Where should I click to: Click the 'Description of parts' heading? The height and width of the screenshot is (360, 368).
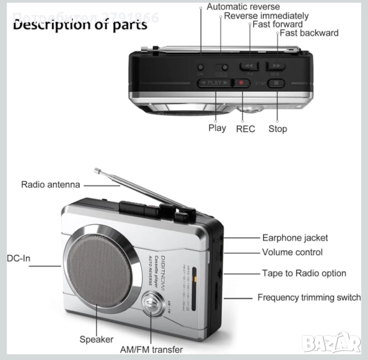click(x=80, y=25)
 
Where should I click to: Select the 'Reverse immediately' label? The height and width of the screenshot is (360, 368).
click(x=266, y=16)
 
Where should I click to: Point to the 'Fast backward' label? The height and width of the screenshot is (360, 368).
click(x=309, y=33)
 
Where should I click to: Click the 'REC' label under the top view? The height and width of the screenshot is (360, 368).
click(x=245, y=128)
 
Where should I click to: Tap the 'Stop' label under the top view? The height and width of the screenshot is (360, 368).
click(x=277, y=128)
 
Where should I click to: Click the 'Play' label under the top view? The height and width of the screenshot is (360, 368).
click(x=217, y=128)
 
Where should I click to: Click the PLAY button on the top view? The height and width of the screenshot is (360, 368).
click(x=215, y=83)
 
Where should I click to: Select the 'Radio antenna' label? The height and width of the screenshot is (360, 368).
click(x=50, y=185)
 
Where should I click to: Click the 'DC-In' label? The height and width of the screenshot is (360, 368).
click(x=19, y=259)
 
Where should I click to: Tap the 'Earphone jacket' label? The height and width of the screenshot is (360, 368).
click(x=295, y=238)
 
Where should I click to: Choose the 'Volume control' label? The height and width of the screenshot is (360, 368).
click(x=292, y=253)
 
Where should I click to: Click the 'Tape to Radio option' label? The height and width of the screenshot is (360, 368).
click(x=304, y=274)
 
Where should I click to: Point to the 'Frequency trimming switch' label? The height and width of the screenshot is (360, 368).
click(x=309, y=298)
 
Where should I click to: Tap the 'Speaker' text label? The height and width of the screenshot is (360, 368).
click(x=96, y=340)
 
